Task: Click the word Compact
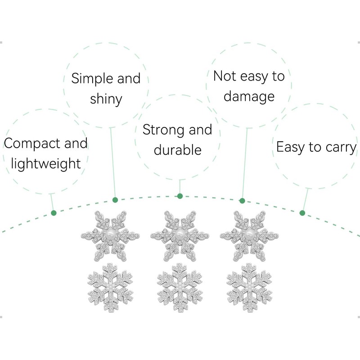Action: click(x=31, y=144)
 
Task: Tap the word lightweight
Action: click(x=45, y=164)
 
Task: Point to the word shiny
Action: click(x=106, y=99)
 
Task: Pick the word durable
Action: click(x=177, y=150)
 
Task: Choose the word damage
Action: click(x=249, y=96)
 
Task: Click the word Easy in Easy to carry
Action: click(x=292, y=147)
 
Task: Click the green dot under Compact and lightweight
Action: click(x=54, y=213)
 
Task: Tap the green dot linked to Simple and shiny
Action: click(x=115, y=199)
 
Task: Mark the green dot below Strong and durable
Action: click(x=180, y=196)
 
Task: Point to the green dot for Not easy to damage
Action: click(x=242, y=201)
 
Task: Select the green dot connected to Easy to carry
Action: click(x=302, y=213)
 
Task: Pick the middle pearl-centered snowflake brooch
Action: click(x=180, y=235)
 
